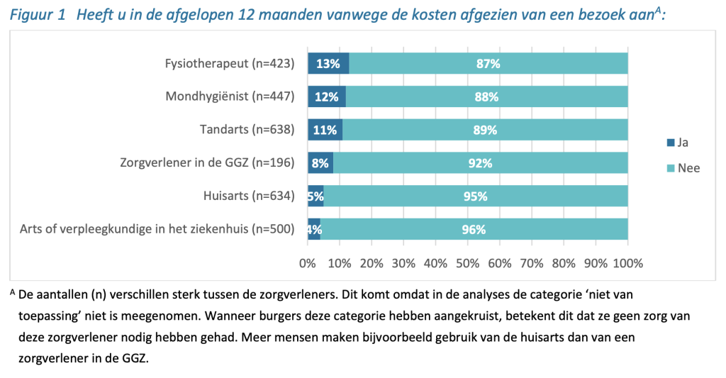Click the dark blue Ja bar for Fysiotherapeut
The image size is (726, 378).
[x=328, y=63]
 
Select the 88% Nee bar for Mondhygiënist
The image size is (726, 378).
[x=486, y=96]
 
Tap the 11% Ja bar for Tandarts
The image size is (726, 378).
[x=325, y=130]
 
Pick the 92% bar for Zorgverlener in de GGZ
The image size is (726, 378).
[x=480, y=163]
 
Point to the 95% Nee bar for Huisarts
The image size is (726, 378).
[x=476, y=196]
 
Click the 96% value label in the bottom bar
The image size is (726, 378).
[x=474, y=229]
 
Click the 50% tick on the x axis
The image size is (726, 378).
[x=468, y=263]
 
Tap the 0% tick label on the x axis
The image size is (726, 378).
[x=308, y=263]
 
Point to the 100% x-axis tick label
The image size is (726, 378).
[x=627, y=263]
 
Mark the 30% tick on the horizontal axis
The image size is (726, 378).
[x=403, y=263]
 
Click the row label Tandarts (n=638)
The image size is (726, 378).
[x=247, y=130]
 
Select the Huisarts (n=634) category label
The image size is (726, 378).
[x=247, y=196]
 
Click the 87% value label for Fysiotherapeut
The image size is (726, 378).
[x=488, y=63]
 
